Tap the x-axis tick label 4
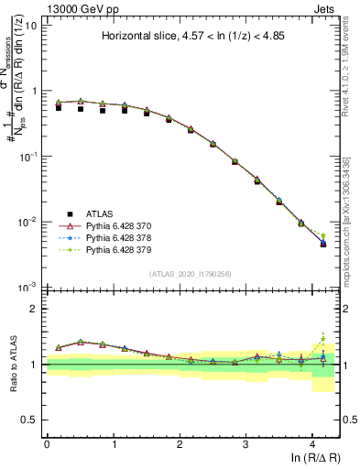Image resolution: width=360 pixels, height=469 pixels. [x=313, y=443]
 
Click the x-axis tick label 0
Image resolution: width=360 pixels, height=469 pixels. [x=47, y=443]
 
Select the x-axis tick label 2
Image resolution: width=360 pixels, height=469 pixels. [x=180, y=443]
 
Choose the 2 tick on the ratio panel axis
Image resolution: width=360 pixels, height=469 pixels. [x=36, y=309]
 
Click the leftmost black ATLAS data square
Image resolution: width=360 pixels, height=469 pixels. [x=59, y=107]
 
